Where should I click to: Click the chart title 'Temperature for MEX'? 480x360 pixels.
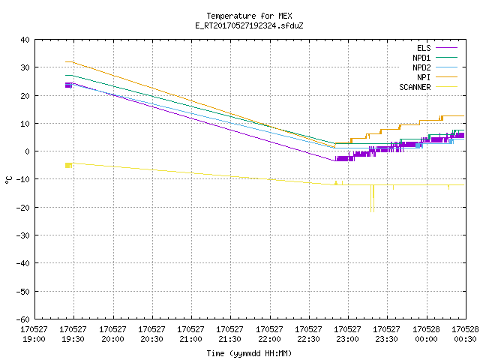point(249,16)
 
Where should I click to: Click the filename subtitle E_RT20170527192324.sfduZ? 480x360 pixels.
point(249,25)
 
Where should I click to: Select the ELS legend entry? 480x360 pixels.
point(437,48)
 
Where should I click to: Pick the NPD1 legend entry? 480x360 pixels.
point(435,58)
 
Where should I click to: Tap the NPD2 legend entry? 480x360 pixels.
point(435,67)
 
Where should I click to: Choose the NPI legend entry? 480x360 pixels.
point(437,77)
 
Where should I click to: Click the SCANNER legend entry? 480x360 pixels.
point(428,87)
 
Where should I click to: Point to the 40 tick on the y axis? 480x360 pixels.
point(25,40)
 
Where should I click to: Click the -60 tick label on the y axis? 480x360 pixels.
point(23,319)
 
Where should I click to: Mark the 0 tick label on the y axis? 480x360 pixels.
point(27,151)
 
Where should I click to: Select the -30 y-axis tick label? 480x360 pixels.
point(23,235)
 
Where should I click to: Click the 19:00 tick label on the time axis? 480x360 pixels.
point(34,334)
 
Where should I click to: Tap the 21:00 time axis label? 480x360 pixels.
point(190,334)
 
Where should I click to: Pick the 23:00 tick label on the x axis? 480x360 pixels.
point(347,334)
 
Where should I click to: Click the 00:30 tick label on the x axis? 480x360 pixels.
point(465,334)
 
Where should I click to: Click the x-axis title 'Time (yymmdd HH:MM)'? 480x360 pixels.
point(249,353)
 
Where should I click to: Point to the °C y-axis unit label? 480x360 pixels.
point(8,180)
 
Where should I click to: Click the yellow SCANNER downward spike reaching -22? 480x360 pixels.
point(371,198)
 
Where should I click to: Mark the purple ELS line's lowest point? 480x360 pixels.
point(334,160)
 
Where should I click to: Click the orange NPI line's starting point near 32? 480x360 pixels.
point(66,61)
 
